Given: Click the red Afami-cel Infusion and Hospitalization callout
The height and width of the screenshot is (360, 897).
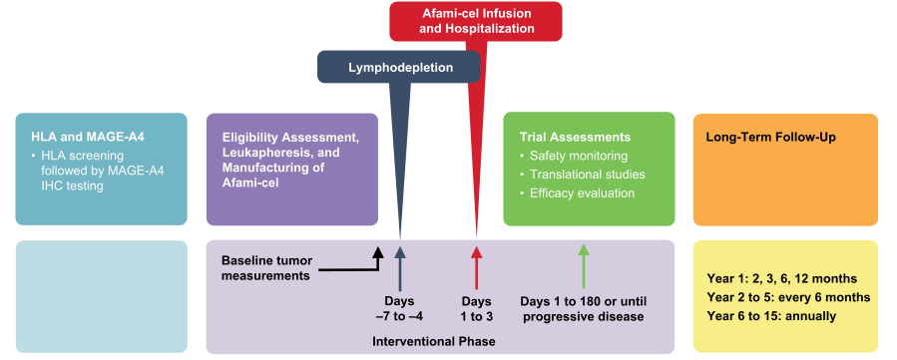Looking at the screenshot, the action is point(476,22).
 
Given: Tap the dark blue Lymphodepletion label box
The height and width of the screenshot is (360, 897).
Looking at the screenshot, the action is point(399,68).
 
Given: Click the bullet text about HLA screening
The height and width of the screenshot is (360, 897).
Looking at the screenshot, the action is point(99,171).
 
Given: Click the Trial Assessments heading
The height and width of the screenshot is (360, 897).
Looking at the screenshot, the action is point(575,138).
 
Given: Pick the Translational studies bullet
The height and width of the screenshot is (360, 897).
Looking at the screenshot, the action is point(583,175).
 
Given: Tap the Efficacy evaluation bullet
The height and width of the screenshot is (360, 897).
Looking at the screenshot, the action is point(578,193).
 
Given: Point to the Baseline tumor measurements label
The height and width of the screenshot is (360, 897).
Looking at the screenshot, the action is point(267,268).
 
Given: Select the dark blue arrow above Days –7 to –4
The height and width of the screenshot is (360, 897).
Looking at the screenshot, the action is point(400,268).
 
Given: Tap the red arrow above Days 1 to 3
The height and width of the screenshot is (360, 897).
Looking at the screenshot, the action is point(476,268).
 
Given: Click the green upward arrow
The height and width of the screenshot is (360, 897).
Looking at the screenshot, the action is point(584,266).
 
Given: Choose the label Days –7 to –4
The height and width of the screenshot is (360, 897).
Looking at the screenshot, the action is point(400,309).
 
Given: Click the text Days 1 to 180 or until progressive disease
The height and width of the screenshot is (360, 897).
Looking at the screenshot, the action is point(584,309).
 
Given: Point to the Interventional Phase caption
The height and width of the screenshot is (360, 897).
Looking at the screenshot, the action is point(434,342).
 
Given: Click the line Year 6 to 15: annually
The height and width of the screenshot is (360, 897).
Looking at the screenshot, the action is point(771,316).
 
